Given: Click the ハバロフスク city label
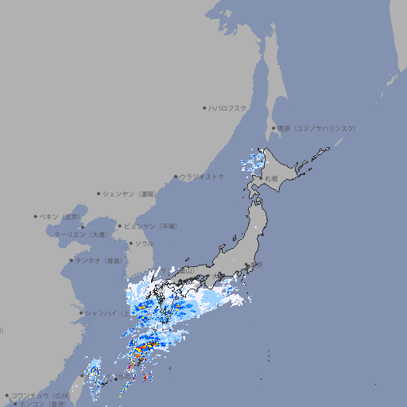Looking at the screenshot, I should click(228, 107).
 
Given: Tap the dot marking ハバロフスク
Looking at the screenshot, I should click(204, 107).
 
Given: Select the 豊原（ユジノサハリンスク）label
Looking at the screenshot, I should click(317, 128).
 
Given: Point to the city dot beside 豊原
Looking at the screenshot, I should click(273, 128).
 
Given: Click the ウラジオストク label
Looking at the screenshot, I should click(202, 176).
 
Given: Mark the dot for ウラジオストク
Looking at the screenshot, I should click(176, 176).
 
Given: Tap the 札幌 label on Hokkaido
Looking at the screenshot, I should click(271, 178).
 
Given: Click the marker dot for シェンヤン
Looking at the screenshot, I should click(99, 193).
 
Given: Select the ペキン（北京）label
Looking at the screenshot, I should click(61, 216).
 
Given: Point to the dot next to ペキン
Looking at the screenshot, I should click(36, 216).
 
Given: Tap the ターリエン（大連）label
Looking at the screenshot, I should click(79, 235).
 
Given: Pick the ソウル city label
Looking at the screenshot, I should click(144, 243).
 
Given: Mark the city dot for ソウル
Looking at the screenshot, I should click(130, 243).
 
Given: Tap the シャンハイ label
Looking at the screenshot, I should click(104, 312).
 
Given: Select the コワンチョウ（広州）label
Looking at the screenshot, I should click(40, 395).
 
